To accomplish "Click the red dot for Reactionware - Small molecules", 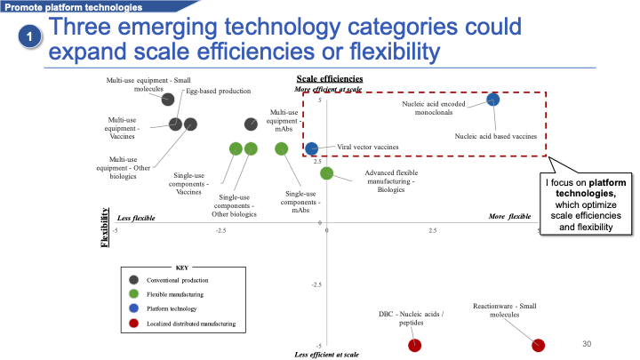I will click(538, 345).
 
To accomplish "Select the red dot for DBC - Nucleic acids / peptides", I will click(414, 345).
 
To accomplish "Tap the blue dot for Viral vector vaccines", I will click(312, 148).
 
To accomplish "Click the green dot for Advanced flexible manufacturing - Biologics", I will click(326, 173).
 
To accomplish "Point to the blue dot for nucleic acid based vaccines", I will click(493, 99).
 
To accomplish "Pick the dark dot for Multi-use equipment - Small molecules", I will click(168, 99).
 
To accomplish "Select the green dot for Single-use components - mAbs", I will click(282, 148).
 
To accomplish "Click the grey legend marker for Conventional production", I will click(134, 280).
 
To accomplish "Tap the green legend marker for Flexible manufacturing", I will click(134, 294).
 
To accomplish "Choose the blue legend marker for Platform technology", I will click(134, 308).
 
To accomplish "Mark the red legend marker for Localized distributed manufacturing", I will click(134, 324).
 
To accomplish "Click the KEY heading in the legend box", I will click(182, 267).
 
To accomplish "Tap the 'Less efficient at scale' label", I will click(326, 355).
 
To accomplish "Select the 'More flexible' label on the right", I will click(510, 216).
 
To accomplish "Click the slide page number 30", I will click(586, 343).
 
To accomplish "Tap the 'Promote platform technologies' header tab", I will click(62, 6).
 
